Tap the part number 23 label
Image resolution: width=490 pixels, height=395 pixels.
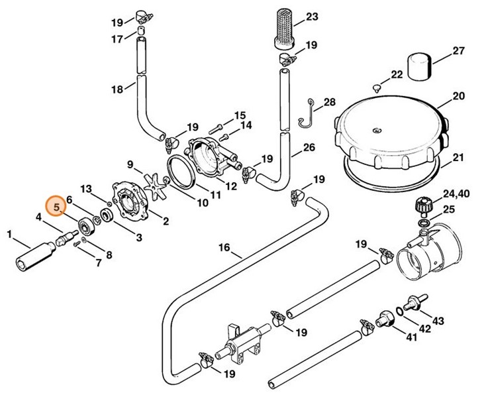(x=312, y=16)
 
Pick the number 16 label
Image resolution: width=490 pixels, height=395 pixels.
(x=224, y=249)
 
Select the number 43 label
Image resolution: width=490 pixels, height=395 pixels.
(x=438, y=321)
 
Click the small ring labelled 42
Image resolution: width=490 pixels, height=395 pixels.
(x=399, y=310)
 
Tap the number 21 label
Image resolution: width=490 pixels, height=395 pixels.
(x=459, y=158)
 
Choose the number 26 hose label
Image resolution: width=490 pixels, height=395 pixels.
(x=309, y=147)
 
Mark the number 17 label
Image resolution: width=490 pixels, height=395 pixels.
(x=117, y=39)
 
